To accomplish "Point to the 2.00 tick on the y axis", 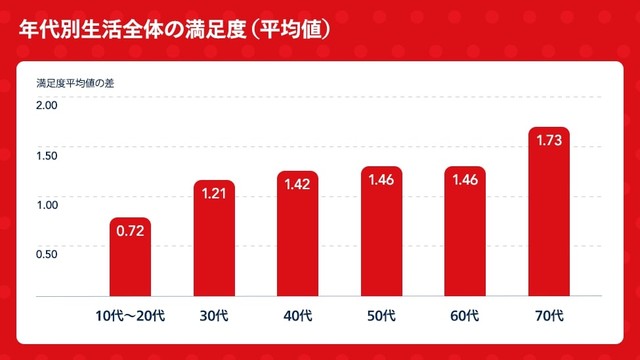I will tap(47, 106).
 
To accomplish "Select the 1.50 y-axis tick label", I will tap(47, 155).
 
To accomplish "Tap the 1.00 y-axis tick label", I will tap(47, 204).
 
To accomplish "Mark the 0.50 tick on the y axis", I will tap(47, 253).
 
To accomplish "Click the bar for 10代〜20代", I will tap(130, 262).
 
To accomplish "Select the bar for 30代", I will tap(214, 240).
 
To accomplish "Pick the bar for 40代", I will tap(298, 236).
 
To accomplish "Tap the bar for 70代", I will tap(549, 215).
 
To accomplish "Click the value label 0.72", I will tap(130, 231).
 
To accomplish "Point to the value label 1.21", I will tap(214, 193).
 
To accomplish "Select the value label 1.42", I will tap(298, 184).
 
